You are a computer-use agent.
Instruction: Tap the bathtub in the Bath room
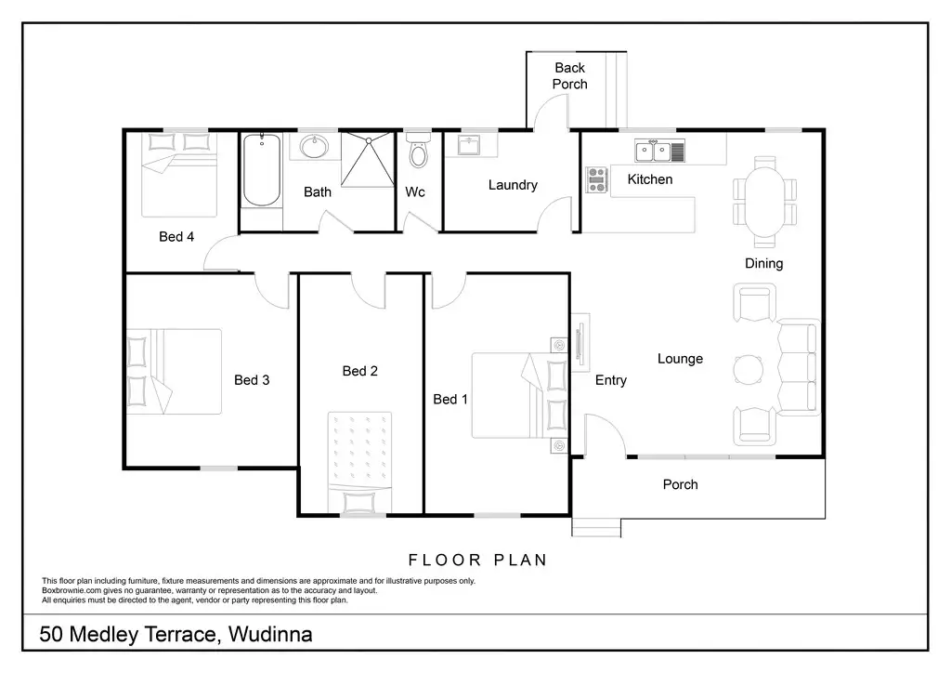click(262, 170)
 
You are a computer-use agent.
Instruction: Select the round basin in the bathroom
click(314, 146)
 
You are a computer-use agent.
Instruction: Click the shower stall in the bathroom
click(368, 160)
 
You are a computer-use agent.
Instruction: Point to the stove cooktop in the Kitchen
click(597, 180)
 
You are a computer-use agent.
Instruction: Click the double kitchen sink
click(660, 152)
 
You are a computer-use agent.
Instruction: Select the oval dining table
click(765, 202)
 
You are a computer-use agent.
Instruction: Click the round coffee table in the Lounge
click(749, 370)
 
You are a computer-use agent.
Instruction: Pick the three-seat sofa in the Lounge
click(798, 368)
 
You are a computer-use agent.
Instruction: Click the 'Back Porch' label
click(570, 76)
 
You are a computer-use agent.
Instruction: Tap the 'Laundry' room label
click(513, 184)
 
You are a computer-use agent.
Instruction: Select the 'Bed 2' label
click(360, 371)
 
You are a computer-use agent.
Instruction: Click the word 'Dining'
click(764, 263)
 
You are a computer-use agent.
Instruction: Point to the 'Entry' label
click(611, 380)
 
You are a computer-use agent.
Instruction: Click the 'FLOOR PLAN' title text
click(478, 560)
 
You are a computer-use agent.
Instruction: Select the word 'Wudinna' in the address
click(270, 634)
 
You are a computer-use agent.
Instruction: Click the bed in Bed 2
click(359, 463)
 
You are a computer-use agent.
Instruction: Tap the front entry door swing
click(605, 435)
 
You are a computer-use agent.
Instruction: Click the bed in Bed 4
click(179, 175)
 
